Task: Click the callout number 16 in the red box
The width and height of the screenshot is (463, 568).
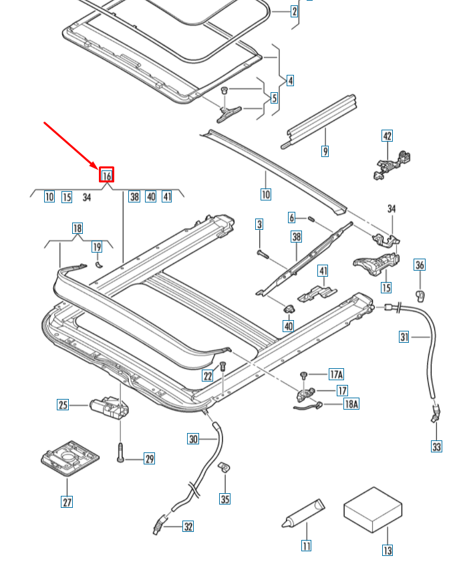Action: point(107,176)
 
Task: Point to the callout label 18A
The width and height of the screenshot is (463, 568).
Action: point(351,404)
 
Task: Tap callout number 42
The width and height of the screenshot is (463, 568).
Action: point(387,136)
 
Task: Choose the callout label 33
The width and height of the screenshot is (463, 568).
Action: point(436,446)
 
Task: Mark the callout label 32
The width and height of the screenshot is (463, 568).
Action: point(188,527)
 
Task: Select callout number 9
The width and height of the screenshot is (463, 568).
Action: point(325,152)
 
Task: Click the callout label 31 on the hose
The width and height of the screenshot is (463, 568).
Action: point(404,337)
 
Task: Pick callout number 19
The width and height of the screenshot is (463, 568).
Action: point(97,247)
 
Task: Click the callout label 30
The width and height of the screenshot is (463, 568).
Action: point(193,439)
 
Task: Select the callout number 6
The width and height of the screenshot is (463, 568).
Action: point(292,217)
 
